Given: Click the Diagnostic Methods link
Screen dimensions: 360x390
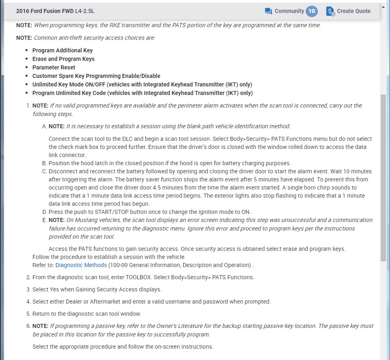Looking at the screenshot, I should click(81, 265).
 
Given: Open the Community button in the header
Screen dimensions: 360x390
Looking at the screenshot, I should click(289, 11).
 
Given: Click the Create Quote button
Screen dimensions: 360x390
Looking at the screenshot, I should click(353, 11).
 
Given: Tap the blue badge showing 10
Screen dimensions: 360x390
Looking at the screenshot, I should click(311, 11).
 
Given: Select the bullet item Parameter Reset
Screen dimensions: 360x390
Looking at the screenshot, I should click(54, 67).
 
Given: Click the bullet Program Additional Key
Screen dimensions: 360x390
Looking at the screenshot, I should click(62, 50).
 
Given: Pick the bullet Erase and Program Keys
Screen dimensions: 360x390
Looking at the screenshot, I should click(63, 59).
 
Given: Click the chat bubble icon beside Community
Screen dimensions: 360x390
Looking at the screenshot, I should click(268, 11).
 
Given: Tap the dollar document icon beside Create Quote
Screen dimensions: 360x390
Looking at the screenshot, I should click(330, 11).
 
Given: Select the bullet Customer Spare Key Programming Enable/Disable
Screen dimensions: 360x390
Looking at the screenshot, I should click(96, 76).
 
